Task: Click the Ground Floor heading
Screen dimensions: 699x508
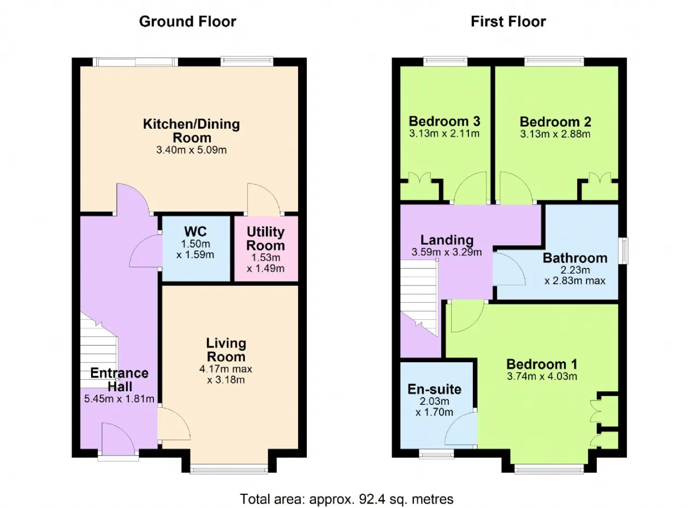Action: coord(187,22)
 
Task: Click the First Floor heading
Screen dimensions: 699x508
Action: coord(508,22)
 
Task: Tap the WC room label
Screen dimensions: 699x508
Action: coord(196,232)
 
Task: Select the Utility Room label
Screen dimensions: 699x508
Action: coord(265,238)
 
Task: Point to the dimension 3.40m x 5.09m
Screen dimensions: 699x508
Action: coord(191,150)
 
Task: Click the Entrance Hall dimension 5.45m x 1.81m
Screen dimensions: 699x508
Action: coord(119,398)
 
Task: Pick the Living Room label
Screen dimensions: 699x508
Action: coord(226,350)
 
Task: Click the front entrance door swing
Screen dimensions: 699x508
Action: coord(119,439)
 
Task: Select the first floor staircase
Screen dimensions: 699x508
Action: coord(419,298)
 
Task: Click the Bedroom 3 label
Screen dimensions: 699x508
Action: coord(445,121)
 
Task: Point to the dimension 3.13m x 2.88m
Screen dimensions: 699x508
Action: coord(555,134)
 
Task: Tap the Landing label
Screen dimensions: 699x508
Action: coord(447,240)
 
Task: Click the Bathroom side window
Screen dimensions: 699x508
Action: coord(623,250)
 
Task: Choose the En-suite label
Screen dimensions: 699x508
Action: coord(434,389)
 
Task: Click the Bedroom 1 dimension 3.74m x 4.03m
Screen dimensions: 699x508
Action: coord(542,376)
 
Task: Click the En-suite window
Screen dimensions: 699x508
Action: coord(436,454)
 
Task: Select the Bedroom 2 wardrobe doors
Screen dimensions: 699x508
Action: coord(600,178)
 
